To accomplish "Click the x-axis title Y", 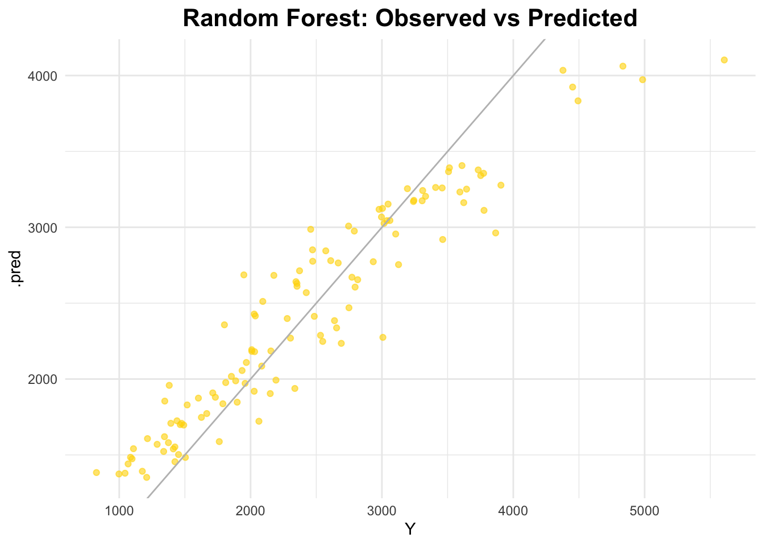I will click(x=410, y=530).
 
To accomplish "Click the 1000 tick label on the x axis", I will click(x=119, y=511).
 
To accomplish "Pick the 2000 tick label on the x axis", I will click(x=250, y=511).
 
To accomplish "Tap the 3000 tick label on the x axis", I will click(x=381, y=511).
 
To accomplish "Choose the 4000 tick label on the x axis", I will click(x=513, y=511).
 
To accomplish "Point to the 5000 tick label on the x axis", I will click(x=645, y=511).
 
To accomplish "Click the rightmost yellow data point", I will click(x=724, y=60).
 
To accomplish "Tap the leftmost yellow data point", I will click(x=96, y=473).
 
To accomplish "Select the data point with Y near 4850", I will click(x=622, y=66).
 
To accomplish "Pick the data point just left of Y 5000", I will click(x=642, y=80).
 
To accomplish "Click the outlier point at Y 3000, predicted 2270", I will click(x=383, y=337).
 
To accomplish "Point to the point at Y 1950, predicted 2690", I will click(x=244, y=275).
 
